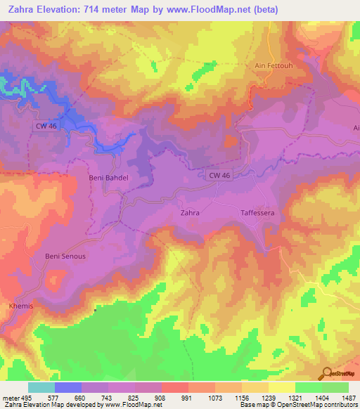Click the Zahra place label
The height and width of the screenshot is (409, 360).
point(190,212)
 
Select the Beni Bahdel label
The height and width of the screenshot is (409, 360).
point(108,178)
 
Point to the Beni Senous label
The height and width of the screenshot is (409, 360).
point(65,256)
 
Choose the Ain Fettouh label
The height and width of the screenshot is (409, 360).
point(271,65)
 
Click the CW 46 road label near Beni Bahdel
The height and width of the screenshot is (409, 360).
point(45,125)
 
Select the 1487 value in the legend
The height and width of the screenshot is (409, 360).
point(349,397)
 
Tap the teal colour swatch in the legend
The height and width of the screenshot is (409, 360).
point(41,387)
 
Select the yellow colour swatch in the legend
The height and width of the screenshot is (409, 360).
point(281,387)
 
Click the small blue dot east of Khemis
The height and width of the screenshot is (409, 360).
point(95,309)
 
